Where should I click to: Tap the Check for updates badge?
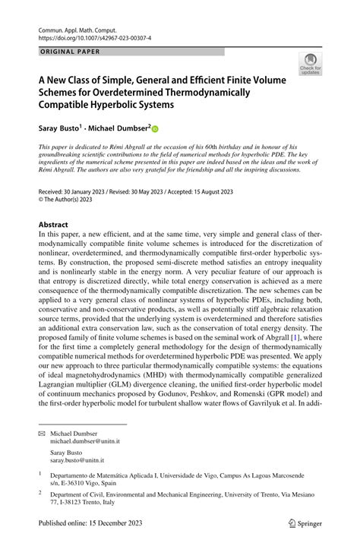click(310, 65)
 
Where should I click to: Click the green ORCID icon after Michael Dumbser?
click(156, 129)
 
